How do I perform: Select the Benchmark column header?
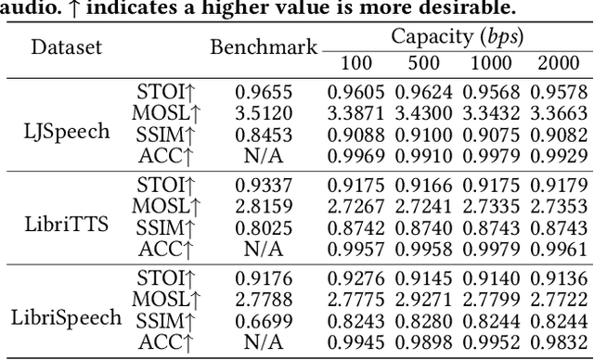tap(264, 47)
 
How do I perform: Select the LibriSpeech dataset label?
tap(66, 317)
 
